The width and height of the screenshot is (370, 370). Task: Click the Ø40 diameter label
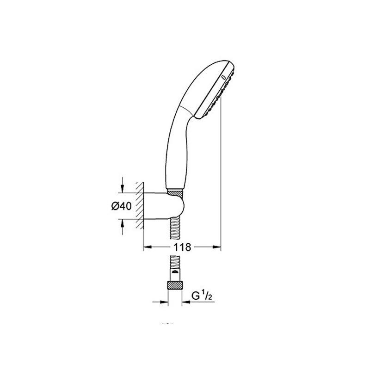coord(121,206)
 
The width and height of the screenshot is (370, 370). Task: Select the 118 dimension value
coord(182,247)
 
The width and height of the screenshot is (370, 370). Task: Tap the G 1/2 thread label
coord(202,296)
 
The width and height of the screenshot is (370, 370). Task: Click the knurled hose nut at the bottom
coord(175,285)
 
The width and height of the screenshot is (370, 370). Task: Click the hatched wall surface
coord(140,205)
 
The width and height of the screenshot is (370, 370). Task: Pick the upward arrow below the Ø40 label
coord(122,227)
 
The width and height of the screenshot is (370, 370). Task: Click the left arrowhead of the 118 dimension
coord(148,247)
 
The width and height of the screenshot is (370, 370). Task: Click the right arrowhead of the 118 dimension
coord(217,247)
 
